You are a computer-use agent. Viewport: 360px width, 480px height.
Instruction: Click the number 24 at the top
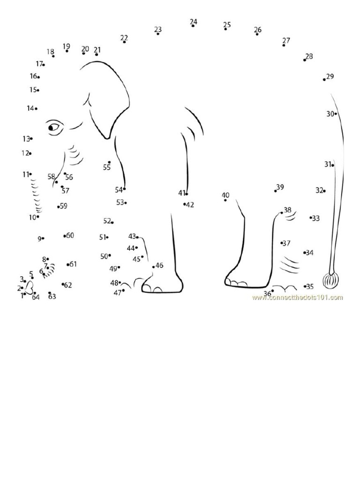click(x=194, y=22)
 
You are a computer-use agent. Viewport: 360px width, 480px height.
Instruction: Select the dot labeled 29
click(x=324, y=80)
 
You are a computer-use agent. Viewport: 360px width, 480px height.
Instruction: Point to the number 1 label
click(x=22, y=296)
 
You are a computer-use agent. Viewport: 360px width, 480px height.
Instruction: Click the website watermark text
click(x=297, y=297)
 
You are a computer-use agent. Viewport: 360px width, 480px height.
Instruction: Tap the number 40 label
click(x=225, y=195)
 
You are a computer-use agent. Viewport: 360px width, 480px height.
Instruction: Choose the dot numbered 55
click(x=109, y=162)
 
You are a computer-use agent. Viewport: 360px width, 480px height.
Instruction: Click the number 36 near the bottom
click(x=267, y=294)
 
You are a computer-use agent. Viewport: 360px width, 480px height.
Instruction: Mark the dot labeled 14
click(x=36, y=109)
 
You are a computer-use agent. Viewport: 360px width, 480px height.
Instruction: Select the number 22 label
click(x=124, y=37)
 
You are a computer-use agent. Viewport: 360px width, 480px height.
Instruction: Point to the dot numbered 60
click(x=65, y=236)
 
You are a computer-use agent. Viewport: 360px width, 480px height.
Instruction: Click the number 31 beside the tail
click(x=328, y=164)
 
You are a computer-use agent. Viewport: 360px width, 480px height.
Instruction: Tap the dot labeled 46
click(x=153, y=267)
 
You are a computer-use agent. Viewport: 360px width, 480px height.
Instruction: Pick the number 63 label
click(x=52, y=297)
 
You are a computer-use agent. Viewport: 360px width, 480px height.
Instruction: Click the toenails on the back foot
click(x=237, y=283)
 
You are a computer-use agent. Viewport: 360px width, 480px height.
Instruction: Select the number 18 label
click(x=50, y=52)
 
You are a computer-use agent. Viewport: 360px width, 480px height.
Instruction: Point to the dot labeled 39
click(x=276, y=191)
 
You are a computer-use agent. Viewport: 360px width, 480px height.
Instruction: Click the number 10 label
click(x=32, y=217)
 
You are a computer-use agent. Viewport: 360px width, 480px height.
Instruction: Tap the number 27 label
click(x=286, y=40)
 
